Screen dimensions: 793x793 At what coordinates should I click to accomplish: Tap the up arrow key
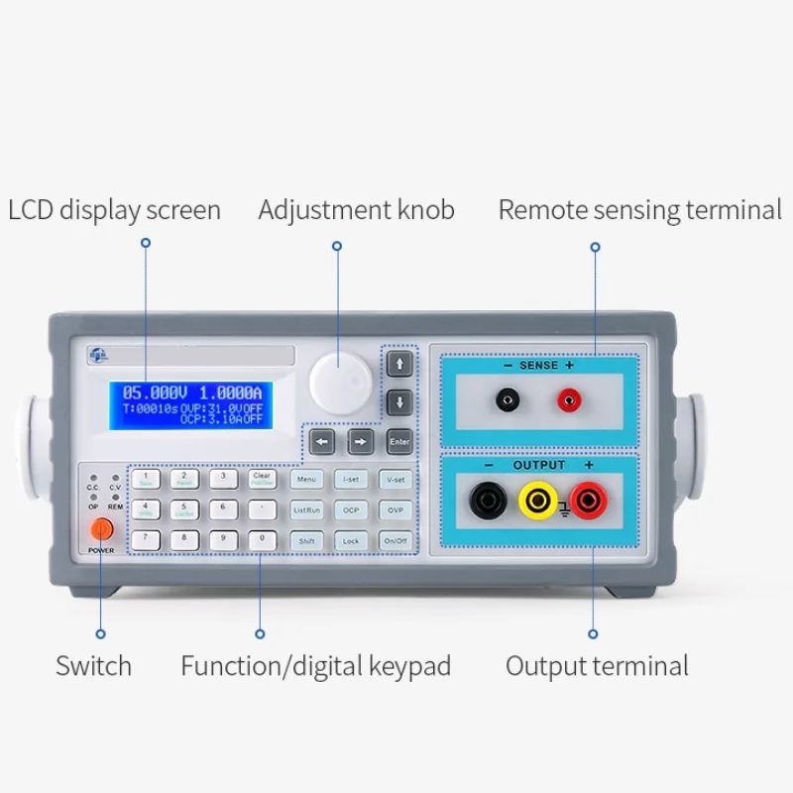click(399, 364)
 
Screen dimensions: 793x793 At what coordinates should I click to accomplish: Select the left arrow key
click(321, 441)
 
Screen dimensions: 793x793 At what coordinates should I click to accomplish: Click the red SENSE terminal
click(568, 399)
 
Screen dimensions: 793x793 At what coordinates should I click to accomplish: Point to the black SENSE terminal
click(508, 399)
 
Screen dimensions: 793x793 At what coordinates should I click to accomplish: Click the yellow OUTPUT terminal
click(538, 500)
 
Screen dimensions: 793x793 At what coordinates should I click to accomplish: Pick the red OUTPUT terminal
click(588, 500)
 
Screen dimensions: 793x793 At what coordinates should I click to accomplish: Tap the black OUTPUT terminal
click(488, 500)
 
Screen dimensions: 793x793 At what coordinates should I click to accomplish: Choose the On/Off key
click(395, 540)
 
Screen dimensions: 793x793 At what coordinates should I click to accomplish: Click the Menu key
click(306, 480)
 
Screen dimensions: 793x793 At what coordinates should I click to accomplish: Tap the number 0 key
click(262, 540)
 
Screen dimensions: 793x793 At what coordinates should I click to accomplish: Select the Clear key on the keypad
click(262, 479)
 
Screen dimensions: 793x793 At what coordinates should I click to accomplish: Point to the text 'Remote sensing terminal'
click(639, 210)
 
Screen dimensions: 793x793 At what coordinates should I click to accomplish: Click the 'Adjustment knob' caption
click(356, 210)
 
